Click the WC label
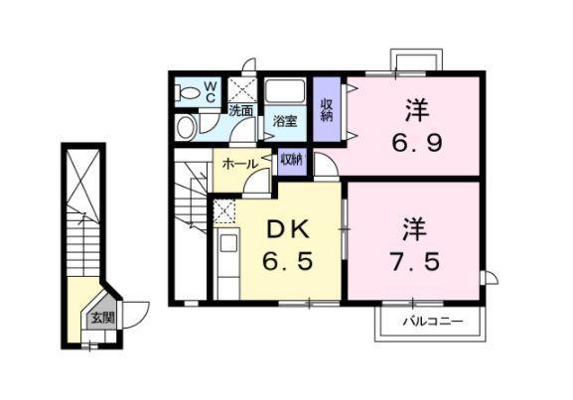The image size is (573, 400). click(211, 90)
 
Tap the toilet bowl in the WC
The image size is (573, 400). click(186, 92)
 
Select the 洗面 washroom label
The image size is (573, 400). click(240, 110)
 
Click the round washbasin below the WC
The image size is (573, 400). click(185, 127)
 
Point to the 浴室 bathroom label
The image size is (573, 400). click(285, 121)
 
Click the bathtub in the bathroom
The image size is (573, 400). click(287, 92)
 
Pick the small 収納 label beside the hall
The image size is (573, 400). click(291, 159)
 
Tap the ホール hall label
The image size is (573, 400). click(240, 163)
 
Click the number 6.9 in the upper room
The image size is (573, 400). click(414, 142)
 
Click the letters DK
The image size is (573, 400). click(289, 230)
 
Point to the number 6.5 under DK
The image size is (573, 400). click(289, 265)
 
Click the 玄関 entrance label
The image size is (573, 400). click(102, 318)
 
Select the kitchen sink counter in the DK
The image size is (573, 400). click(226, 257)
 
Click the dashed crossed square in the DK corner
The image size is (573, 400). click(225, 210)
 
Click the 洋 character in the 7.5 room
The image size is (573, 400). click(414, 230)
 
